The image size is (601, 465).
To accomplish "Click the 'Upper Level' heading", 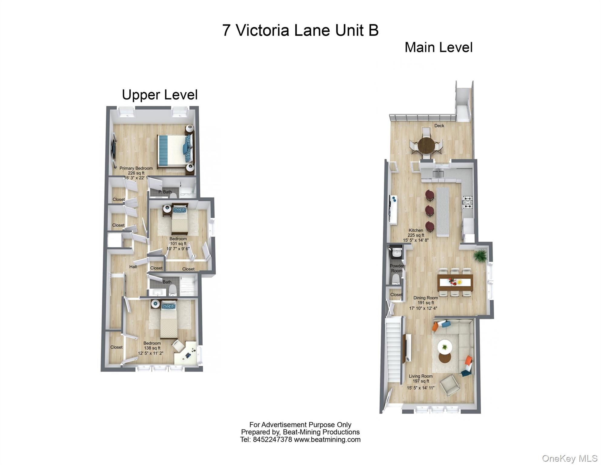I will click(x=160, y=95).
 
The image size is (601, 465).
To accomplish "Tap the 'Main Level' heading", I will click(x=438, y=48).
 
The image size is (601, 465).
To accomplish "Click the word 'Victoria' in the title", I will click(x=262, y=30).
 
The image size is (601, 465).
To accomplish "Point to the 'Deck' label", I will click(x=439, y=126).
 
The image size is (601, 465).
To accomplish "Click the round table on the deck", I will click(x=426, y=146).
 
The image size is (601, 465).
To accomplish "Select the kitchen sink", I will click(x=438, y=174).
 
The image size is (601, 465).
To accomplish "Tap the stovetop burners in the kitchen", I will click(x=467, y=203).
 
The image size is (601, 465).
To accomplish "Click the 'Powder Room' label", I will click(x=397, y=268).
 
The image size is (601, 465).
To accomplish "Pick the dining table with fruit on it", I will click(x=455, y=282).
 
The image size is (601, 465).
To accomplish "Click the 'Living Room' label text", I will click(x=420, y=376).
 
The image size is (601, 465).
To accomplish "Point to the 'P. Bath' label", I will click(x=165, y=192).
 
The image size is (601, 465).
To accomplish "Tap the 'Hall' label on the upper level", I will click(x=133, y=267).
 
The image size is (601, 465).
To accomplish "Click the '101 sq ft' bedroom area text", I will click(x=178, y=244).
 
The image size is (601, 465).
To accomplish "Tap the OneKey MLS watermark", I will click(x=569, y=459).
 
